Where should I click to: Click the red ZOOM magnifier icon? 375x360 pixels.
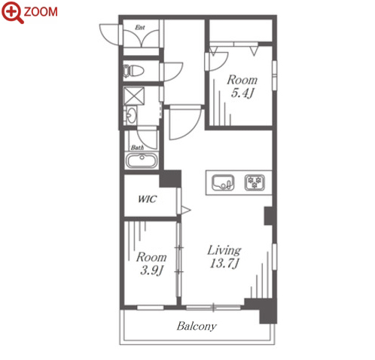point(12,12)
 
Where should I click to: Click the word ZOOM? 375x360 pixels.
point(41,12)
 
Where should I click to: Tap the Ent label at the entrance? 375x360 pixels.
point(140,27)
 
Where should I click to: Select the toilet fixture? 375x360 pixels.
point(133,71)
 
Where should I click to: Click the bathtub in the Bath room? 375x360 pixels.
point(142,160)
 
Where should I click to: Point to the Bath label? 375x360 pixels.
point(137,148)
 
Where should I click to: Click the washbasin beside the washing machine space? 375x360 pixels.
point(130,116)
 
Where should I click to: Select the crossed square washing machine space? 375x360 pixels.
point(134,96)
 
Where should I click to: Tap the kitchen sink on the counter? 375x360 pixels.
point(223,182)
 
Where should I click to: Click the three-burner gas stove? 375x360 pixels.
point(255,182)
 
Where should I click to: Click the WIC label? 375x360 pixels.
point(147,199)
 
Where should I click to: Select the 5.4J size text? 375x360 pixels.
point(242,93)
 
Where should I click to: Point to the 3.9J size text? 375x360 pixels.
point(151,270)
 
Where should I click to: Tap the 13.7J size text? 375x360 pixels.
point(224,264)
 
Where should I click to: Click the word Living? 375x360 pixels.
point(224,250)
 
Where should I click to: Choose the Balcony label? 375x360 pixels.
point(197,326)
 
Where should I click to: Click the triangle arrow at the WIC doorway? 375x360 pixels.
point(186,210)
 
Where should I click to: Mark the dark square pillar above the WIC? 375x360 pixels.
point(170,178)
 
